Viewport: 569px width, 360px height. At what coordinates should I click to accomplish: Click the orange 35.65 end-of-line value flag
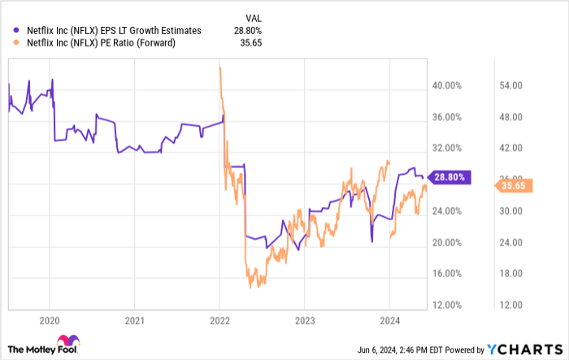514,186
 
